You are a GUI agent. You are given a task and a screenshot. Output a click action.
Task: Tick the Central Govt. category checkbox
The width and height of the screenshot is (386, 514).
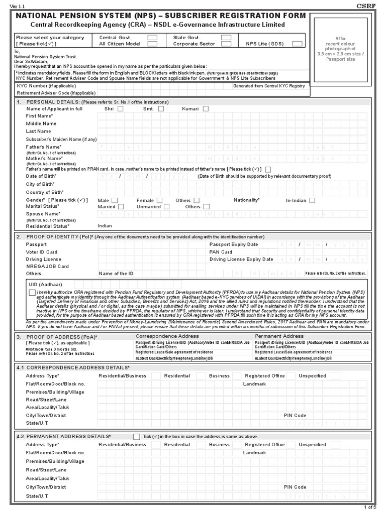click(153, 37)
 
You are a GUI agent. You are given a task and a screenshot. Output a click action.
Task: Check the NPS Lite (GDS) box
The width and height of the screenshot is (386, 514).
click(297, 44)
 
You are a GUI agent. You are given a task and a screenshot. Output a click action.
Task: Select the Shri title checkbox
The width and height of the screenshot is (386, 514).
click(120, 109)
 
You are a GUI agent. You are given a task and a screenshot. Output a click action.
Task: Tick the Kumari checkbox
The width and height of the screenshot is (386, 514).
click(206, 109)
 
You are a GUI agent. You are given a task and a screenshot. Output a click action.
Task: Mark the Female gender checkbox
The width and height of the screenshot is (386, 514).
click(164, 200)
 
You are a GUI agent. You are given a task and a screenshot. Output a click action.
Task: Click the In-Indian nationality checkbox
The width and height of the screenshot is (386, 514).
click(312, 200)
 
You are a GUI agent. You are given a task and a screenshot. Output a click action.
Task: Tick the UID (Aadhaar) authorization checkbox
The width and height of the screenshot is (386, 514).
click(33, 292)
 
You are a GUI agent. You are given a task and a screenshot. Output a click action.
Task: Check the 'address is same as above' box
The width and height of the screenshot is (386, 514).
click(137, 437)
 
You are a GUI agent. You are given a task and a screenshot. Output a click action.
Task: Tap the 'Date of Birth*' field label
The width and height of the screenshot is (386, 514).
click(41, 177)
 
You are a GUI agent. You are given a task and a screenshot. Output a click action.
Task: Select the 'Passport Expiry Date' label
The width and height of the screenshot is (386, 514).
click(233, 244)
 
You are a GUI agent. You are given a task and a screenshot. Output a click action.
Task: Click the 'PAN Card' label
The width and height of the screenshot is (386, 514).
click(221, 252)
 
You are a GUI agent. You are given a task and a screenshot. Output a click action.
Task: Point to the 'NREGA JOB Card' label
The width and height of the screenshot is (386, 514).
click(47, 267)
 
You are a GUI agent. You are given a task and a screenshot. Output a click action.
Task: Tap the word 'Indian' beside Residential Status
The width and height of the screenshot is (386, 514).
click(105, 226)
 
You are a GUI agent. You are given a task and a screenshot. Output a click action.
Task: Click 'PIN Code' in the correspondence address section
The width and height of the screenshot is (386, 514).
click(295, 416)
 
